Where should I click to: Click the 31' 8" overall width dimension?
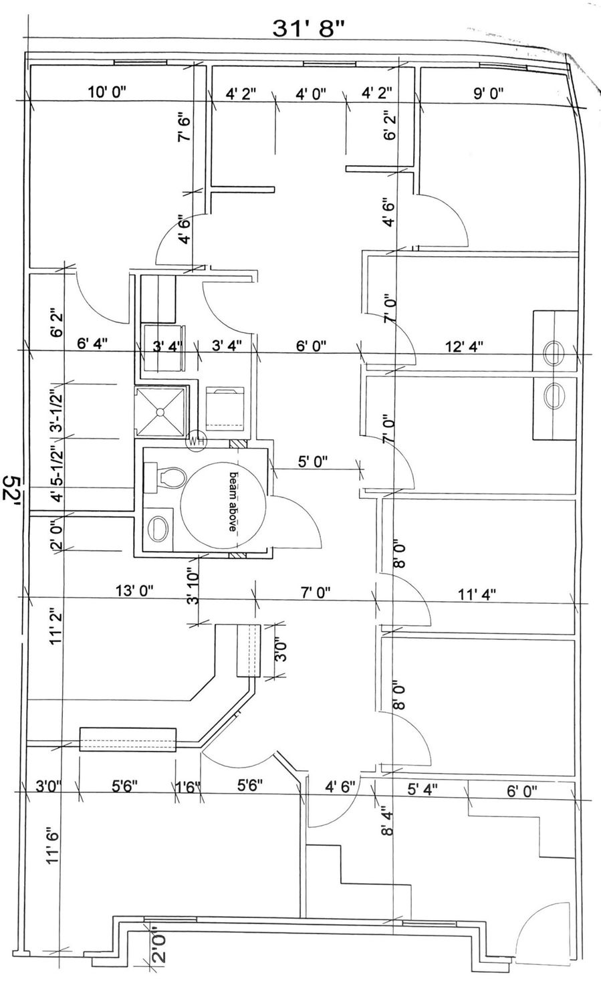310,29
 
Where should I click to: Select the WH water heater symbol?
197,440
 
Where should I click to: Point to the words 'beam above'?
233,501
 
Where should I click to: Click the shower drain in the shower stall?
160,411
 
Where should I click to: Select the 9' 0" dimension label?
489,93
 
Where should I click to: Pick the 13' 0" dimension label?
134,590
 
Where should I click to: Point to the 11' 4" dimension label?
477,594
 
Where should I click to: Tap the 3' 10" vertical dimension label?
192,587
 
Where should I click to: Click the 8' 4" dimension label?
388,823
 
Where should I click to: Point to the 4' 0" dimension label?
311,94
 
